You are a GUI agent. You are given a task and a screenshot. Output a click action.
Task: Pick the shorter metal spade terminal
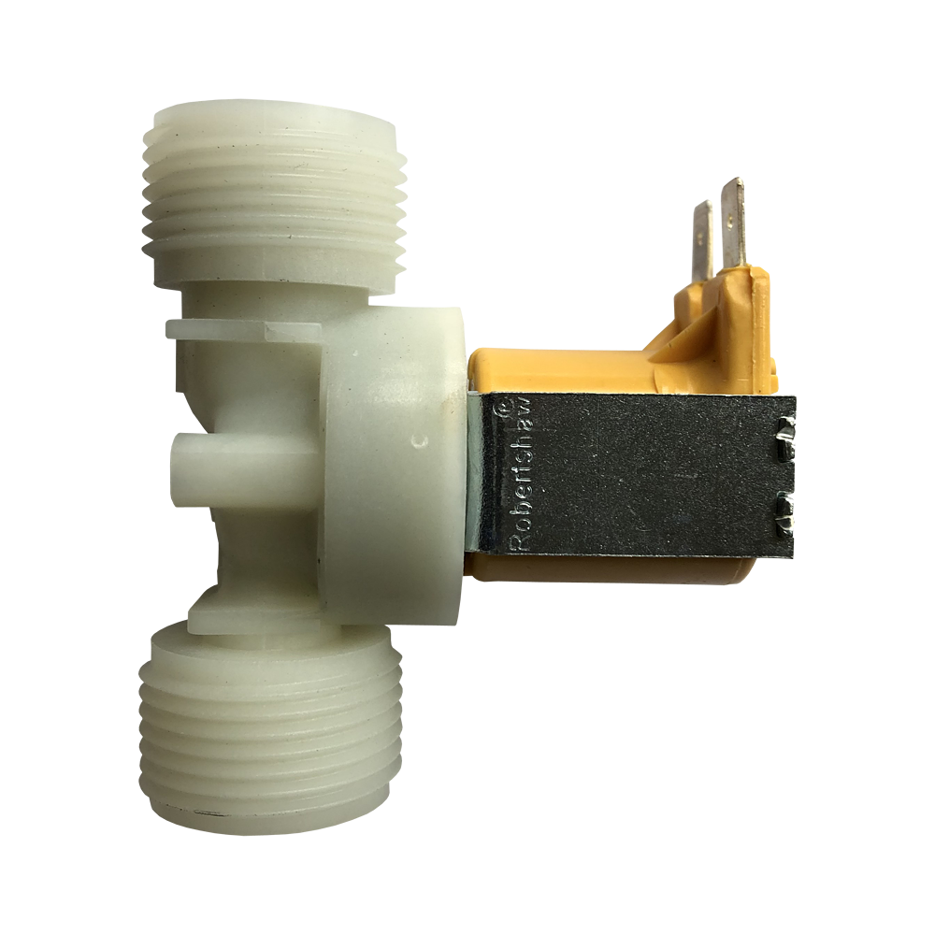click(x=707, y=241)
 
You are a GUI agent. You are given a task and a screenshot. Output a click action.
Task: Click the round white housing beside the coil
click(x=393, y=467)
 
